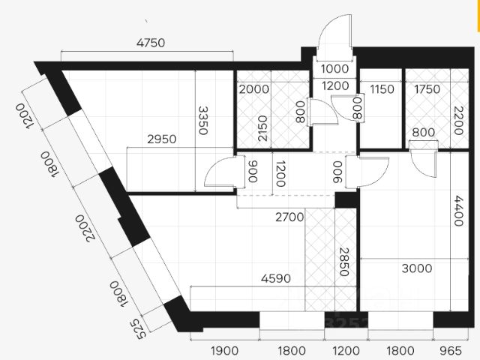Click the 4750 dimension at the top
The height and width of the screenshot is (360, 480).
click(150, 43)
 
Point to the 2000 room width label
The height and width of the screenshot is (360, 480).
click(254, 89)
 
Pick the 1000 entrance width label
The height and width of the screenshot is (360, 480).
click(334, 68)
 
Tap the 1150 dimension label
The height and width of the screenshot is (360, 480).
click(382, 89)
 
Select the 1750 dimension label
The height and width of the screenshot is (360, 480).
click(427, 89)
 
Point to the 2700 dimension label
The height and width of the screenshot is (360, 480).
click(289, 217)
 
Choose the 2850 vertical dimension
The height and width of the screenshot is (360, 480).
click(344, 262)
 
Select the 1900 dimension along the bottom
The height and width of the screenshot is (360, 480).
click(224, 349)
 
